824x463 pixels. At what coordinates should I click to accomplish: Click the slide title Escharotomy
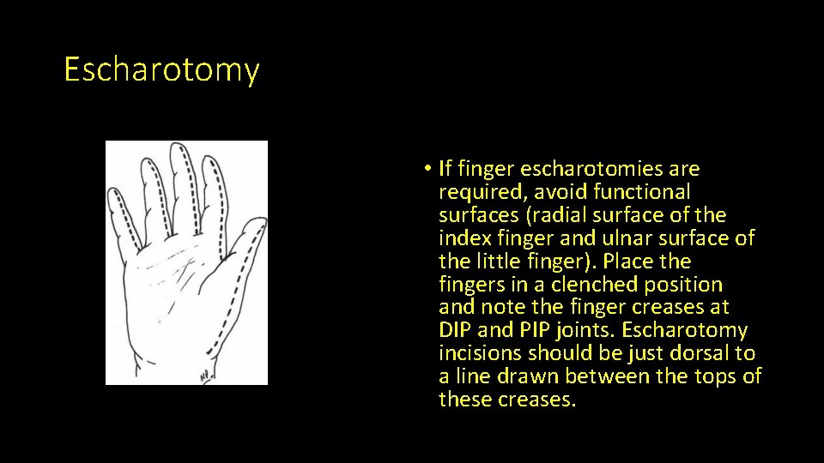(161, 69)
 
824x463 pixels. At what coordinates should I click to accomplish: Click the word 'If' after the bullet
(446, 169)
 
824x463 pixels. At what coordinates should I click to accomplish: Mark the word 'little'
(499, 262)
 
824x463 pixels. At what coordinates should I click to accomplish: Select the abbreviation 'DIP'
(456, 331)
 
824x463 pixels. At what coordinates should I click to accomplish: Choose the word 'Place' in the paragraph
(663, 262)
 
